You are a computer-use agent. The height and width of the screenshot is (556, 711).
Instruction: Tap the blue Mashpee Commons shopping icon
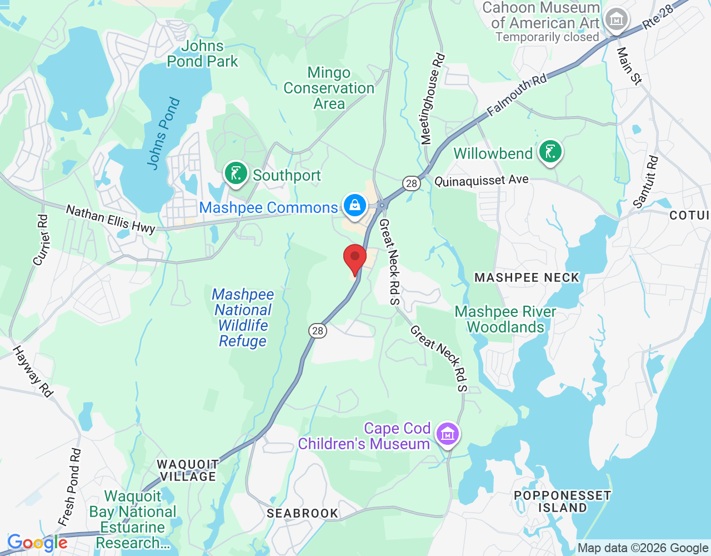tap(354, 206)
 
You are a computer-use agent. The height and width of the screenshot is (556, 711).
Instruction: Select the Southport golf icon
tap(236, 173)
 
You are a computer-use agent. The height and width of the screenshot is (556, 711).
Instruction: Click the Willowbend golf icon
tap(550, 151)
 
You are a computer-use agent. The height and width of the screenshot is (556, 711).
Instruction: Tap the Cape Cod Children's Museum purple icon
tap(447, 434)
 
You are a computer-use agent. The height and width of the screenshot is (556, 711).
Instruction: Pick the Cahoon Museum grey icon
tap(616, 20)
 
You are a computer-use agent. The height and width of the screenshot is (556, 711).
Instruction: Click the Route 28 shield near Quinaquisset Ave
tap(411, 183)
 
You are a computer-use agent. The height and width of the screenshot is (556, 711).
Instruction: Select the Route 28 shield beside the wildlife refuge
tap(317, 331)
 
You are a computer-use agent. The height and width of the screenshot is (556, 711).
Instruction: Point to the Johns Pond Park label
tap(202, 54)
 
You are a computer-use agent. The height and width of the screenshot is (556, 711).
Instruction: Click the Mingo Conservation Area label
tap(329, 88)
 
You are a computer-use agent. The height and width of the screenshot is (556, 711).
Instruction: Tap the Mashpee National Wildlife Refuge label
tap(243, 317)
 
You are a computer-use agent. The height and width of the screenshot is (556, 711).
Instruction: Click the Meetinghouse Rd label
tap(433, 99)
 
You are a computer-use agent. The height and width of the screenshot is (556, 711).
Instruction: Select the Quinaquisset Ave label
tap(481, 181)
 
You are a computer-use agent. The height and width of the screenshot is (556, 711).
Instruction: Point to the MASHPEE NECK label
tap(527, 277)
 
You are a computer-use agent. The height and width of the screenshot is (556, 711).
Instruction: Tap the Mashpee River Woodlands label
tap(505, 319)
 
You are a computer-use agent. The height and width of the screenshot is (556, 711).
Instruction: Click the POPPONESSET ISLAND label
tap(562, 502)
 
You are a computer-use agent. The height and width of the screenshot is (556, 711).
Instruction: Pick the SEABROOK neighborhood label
tap(302, 513)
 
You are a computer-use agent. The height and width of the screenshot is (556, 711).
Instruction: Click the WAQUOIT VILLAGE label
tap(188, 470)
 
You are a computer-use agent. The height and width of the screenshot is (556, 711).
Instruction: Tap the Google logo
tap(37, 543)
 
